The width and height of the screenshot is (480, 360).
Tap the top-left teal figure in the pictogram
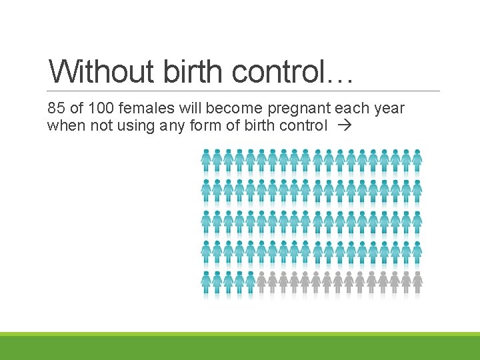click(207, 159)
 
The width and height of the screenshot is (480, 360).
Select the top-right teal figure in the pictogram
click(417, 159)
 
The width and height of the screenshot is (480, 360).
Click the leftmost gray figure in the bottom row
click(262, 283)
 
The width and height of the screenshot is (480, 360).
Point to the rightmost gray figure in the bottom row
click(417, 283)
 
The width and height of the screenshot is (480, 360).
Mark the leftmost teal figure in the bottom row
click(207, 283)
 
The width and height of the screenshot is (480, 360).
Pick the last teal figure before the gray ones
click(251, 283)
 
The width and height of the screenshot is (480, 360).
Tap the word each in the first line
click(349, 108)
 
